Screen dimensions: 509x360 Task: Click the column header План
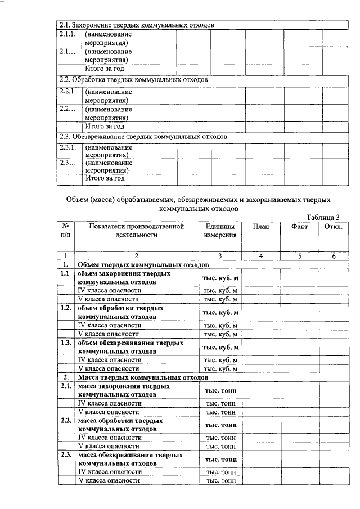tap(261, 226)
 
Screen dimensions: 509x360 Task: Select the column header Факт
tap(300, 226)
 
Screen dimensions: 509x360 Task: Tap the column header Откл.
tap(334, 226)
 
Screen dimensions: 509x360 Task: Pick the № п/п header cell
tap(66, 231)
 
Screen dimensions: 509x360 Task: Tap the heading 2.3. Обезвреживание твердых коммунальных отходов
tap(143, 136)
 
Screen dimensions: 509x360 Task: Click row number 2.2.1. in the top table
tap(67, 91)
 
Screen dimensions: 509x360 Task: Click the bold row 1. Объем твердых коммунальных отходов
tap(143, 264)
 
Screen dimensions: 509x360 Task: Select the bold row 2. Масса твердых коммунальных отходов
tap(143, 377)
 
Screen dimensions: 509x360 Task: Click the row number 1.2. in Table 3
tap(66, 308)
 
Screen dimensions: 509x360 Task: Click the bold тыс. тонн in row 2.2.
tap(220, 425)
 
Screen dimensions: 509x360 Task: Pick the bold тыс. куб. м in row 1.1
tap(220, 278)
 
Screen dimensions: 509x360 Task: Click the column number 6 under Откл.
tap(334, 256)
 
